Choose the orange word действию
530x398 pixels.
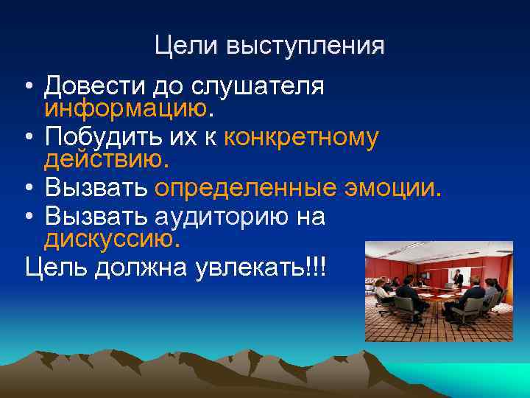(105, 158)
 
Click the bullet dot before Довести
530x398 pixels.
(26, 88)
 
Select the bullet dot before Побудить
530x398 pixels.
(26, 138)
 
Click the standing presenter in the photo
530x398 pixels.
(459, 278)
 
